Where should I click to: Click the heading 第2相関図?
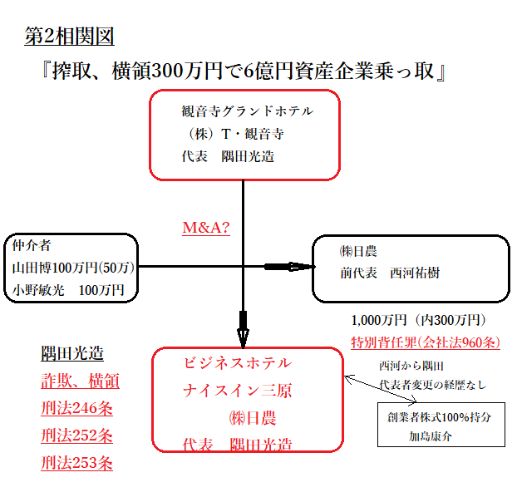tap(69, 37)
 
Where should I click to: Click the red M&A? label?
tap(206, 227)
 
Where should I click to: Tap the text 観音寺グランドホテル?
tap(248, 110)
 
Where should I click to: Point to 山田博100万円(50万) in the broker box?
tap(73, 268)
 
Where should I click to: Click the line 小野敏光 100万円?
tap(68, 290)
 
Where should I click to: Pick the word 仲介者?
tap(32, 246)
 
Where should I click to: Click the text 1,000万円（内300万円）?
tap(418, 320)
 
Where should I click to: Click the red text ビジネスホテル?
tap(237, 363)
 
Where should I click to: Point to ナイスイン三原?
tap(237, 391)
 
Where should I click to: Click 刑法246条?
tap(76, 408)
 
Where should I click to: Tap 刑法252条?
tap(76, 435)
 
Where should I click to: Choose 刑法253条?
tap(76, 463)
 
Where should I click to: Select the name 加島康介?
tap(431, 435)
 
